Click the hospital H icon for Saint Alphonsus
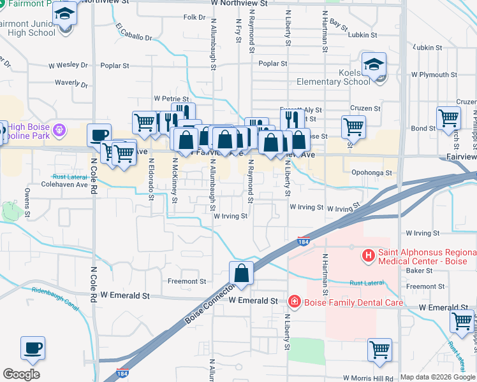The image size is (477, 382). tap(368, 257)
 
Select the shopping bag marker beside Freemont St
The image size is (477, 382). tap(242, 273)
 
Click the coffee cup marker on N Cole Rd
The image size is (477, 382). tap(99, 135)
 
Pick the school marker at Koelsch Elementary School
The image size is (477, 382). tap(374, 64)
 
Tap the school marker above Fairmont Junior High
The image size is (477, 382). tap(64, 13)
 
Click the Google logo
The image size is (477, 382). tap(21, 374)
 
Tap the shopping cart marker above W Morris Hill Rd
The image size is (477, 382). tap(379, 349)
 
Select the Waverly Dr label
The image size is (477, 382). tap(70, 83)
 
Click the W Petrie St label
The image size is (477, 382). tap(172, 99)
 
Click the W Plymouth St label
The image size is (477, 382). tap(440, 74)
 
